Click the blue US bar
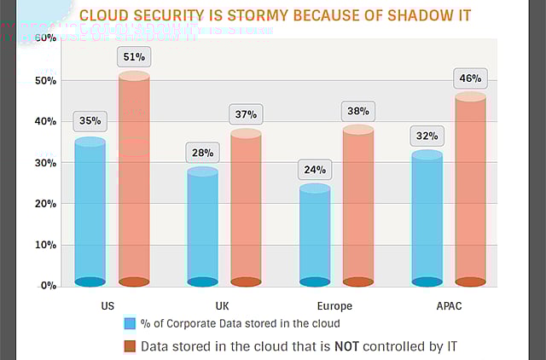coord(90,212)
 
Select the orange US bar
coord(134,179)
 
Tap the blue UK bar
coord(202,227)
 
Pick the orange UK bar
coord(247,208)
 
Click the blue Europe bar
coord(314,235)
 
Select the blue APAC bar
coord(427,218)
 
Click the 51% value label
coord(134,58)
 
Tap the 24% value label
coord(314,169)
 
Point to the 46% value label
coord(470,78)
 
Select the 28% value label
coord(202,153)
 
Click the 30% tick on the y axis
coord(44,163)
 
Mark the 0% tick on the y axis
coord(47,286)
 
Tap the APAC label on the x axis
coord(447,305)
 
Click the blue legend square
coord(130,324)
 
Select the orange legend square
coord(130,346)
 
